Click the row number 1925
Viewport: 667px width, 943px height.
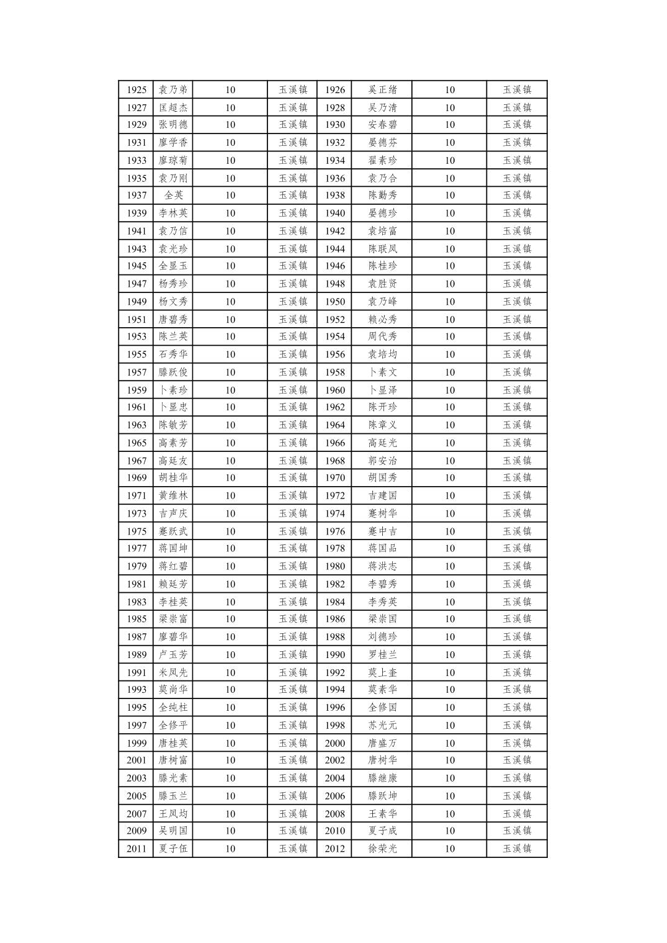(x=137, y=90)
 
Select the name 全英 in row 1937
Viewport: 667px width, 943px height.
(x=173, y=196)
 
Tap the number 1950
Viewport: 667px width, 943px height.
(x=334, y=302)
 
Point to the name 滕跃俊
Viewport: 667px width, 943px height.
(x=173, y=372)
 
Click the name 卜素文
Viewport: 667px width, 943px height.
(x=382, y=372)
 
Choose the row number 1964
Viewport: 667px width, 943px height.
(x=334, y=425)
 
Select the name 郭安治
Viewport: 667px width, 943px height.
(x=382, y=461)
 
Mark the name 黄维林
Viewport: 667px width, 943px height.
(x=173, y=495)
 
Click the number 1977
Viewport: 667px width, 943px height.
(x=137, y=548)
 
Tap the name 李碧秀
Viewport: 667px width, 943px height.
(x=382, y=584)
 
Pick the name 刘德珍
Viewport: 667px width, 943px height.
(x=382, y=637)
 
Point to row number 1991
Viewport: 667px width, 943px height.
(x=137, y=672)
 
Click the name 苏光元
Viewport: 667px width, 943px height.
(x=382, y=725)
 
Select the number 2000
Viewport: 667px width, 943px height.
(x=334, y=743)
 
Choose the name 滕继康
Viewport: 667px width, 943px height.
(x=382, y=778)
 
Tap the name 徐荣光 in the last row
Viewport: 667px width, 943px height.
(x=382, y=849)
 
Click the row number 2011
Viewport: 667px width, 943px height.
(x=137, y=849)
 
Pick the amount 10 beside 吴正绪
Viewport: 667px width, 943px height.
(x=449, y=90)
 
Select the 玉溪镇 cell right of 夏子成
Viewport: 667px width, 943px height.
(x=517, y=831)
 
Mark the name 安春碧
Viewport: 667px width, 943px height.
(x=382, y=125)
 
